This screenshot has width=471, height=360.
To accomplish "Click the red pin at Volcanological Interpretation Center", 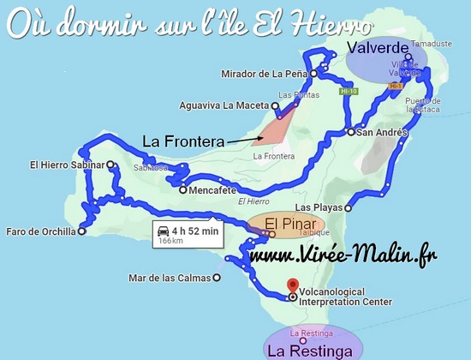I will pyautogui.click(x=292, y=285).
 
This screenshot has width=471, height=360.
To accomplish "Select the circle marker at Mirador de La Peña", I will pyautogui.click(x=313, y=74).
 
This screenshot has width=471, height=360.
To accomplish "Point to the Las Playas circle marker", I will pyautogui.click(x=349, y=207).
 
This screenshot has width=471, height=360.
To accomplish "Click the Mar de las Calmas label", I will pyautogui.click(x=169, y=277).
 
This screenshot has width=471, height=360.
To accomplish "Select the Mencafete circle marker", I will pyautogui.click(x=182, y=190).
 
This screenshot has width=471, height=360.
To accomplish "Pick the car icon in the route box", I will pyautogui.click(x=162, y=229).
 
